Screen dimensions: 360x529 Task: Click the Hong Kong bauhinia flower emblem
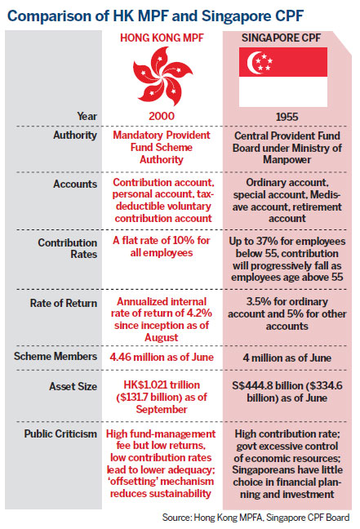click(x=162, y=76)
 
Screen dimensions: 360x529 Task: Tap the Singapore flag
click(x=283, y=77)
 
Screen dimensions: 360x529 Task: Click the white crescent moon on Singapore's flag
click(x=254, y=63)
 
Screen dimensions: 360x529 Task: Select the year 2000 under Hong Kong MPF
click(x=162, y=116)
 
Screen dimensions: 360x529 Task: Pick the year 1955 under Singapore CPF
click(x=287, y=117)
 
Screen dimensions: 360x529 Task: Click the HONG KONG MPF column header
click(x=162, y=38)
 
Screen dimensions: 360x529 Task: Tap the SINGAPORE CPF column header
click(x=281, y=38)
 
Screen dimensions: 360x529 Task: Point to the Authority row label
click(x=75, y=136)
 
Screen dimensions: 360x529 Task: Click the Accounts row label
click(x=75, y=184)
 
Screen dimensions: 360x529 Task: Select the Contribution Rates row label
click(x=68, y=248)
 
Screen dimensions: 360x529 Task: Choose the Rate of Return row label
click(x=64, y=303)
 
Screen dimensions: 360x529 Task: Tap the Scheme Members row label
click(x=56, y=356)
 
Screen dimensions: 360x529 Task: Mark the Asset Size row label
click(x=73, y=386)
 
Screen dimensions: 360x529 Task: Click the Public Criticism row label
click(x=60, y=433)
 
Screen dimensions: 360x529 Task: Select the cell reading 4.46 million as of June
click(x=162, y=357)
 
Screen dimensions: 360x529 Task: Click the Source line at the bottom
click(x=256, y=518)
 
